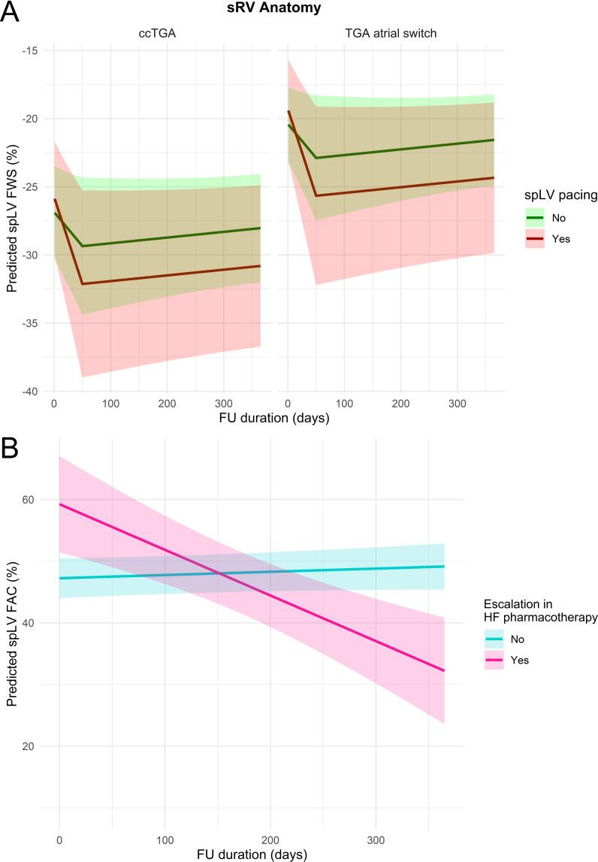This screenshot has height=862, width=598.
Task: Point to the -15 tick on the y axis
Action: pos(32,50)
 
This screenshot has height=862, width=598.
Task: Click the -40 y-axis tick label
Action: pos(32,392)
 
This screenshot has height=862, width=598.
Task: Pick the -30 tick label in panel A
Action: pos(32,256)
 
